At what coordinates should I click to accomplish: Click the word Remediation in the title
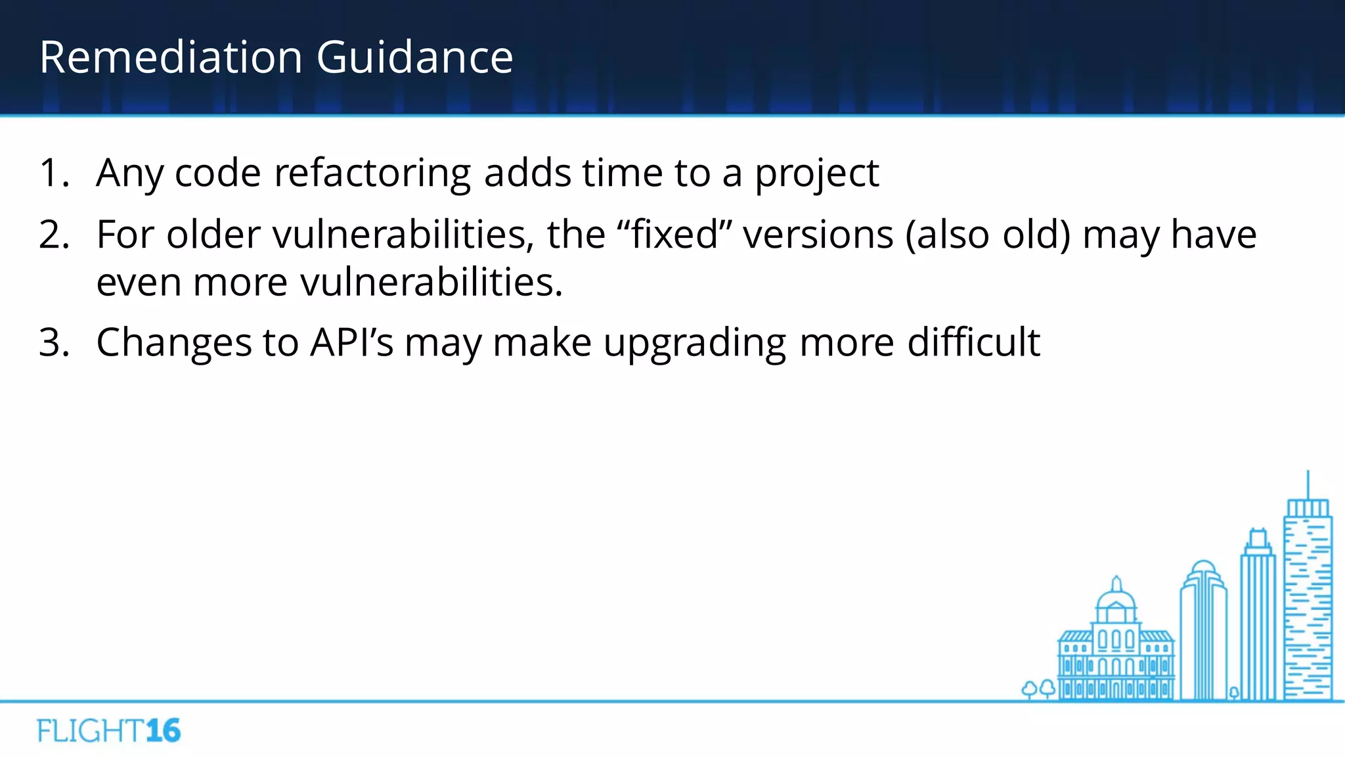point(171,57)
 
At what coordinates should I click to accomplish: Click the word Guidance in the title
point(414,57)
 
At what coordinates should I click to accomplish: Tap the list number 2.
point(54,235)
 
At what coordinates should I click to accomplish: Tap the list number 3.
point(54,342)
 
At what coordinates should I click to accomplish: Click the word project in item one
point(816,174)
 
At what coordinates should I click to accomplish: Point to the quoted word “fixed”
point(674,235)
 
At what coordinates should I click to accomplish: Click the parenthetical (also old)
point(988,235)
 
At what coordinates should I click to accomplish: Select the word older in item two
point(213,235)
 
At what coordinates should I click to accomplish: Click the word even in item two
point(139,283)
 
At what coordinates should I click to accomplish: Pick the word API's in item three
point(351,342)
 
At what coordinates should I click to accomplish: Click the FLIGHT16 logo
point(109,731)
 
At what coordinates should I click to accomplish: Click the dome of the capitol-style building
point(1116,598)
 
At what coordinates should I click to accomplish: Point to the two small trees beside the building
point(1038,689)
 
